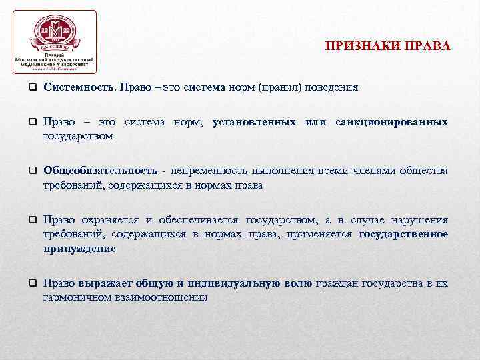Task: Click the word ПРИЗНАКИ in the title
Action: [355, 47]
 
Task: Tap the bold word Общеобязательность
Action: [101, 171]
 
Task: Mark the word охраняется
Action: [110, 220]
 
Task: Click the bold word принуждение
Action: [79, 248]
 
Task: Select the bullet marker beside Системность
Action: [32, 88]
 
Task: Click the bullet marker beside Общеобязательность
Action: [32, 172]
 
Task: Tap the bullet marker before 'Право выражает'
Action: [32, 284]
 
